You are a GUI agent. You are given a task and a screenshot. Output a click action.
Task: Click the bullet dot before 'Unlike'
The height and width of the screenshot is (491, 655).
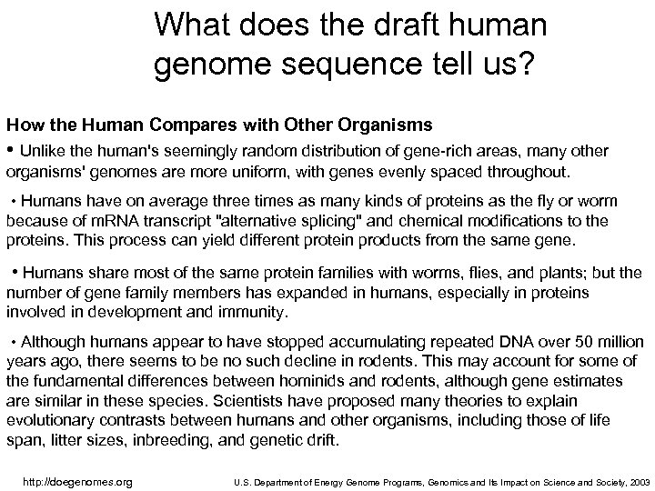[11, 149]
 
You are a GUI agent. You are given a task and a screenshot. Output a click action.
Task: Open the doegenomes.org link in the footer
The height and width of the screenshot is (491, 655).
[76, 481]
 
